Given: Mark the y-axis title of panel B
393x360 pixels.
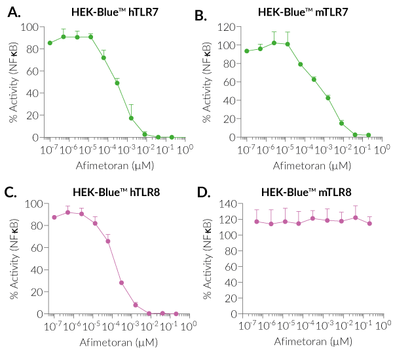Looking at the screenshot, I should click(208, 82).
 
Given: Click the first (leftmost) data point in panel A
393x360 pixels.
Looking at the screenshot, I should click(50, 43).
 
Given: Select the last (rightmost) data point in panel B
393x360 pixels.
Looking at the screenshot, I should click(369, 135).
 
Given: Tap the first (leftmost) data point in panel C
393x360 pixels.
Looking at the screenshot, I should click(54, 217).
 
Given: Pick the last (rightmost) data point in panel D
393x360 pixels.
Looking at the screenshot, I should click(370, 223).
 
